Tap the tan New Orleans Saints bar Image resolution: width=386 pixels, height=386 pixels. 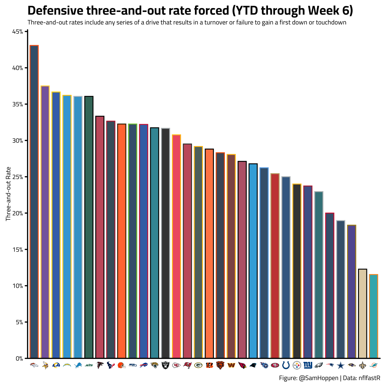click(363, 314)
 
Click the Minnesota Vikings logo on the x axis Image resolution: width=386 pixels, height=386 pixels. click(45, 365)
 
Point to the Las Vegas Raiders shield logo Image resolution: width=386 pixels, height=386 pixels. click(165, 365)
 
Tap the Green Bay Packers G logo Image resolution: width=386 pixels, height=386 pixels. click(198, 365)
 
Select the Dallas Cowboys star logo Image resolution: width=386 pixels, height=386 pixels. click(341, 365)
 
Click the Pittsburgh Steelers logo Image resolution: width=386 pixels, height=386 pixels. click(297, 365)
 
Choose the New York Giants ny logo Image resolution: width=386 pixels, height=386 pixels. click(308, 365)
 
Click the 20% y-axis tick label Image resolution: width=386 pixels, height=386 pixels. click(18, 213)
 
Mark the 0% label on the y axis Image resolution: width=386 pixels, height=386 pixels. click(19, 358)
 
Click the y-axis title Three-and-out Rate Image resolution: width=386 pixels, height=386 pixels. click(9, 194)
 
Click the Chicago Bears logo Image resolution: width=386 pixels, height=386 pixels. click(220, 365)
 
